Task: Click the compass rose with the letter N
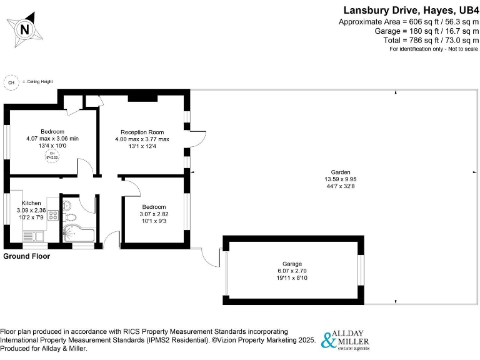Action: [x=24, y=29]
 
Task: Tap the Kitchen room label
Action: [x=31, y=203]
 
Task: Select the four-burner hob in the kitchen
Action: [x=52, y=217]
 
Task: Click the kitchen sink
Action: [x=32, y=236]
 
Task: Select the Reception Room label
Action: [x=142, y=132]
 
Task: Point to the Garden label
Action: [x=341, y=172]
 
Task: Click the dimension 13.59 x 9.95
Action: [x=341, y=179]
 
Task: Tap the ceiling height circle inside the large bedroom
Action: [x=52, y=156]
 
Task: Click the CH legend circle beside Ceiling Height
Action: [x=11, y=82]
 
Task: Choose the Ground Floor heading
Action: [x=26, y=256]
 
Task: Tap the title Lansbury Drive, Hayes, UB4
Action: [x=411, y=10]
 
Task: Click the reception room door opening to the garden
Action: [x=196, y=139]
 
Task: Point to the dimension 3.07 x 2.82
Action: [x=154, y=214]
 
